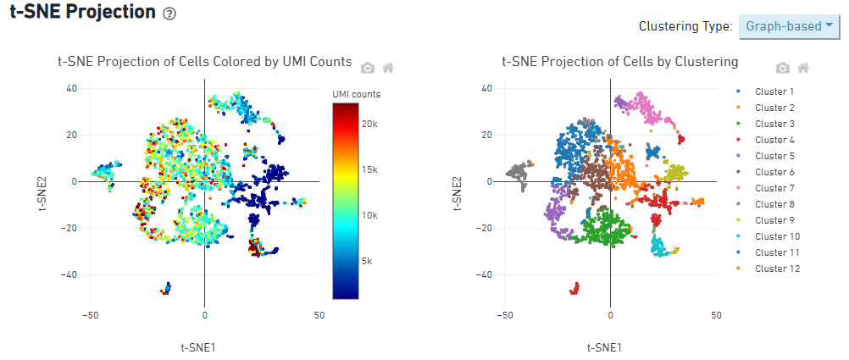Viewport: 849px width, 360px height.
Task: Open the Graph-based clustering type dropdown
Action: click(789, 26)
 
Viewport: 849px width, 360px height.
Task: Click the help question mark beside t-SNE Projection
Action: click(169, 14)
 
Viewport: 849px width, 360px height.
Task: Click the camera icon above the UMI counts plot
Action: click(368, 68)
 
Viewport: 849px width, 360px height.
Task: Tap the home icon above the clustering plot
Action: click(803, 68)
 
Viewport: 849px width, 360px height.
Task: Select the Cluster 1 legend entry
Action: click(774, 91)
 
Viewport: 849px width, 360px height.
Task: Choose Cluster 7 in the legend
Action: click(774, 188)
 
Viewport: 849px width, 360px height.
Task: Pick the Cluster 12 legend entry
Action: click(777, 269)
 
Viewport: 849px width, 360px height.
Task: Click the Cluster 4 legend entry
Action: click(774, 140)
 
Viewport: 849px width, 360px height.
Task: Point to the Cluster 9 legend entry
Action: click(774, 220)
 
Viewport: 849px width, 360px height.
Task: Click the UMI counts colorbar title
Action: click(356, 93)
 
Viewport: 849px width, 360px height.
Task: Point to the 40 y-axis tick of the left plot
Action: click(72, 88)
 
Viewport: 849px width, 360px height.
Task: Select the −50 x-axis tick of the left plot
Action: click(90, 315)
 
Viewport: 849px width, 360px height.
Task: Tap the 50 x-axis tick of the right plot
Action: click(716, 315)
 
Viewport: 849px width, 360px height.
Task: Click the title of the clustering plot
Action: click(619, 61)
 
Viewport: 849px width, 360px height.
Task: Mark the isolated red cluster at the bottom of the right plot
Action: click(574, 289)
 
